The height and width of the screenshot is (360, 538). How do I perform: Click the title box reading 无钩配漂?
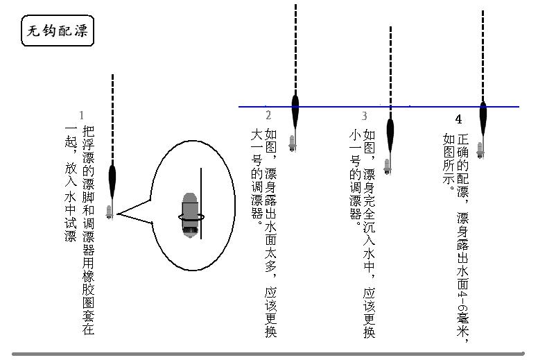pyautogui.click(x=57, y=32)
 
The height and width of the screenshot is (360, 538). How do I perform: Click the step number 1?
pyautogui.click(x=81, y=115)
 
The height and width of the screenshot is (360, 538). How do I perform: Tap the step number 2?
pyautogui.click(x=268, y=116)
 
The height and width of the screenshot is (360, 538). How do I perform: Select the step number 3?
pyautogui.click(x=364, y=116)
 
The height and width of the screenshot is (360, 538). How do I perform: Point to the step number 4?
pyautogui.click(x=458, y=119)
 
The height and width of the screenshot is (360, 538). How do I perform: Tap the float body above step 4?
pyautogui.click(x=483, y=114)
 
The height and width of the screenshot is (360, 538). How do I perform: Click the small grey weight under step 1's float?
pyautogui.click(x=109, y=211)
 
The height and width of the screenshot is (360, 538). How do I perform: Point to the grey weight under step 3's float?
pyautogui.click(x=387, y=166)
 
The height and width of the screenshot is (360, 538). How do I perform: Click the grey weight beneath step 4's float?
pyautogui.click(x=480, y=150)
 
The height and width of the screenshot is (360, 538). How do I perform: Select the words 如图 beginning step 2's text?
pyautogui.click(x=271, y=142)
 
